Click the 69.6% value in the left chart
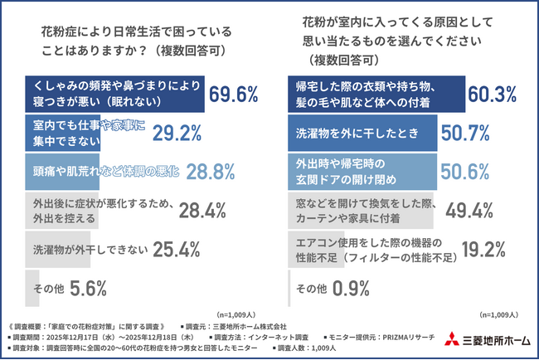[234, 95]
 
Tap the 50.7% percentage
[461, 133]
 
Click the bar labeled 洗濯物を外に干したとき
[362, 133]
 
